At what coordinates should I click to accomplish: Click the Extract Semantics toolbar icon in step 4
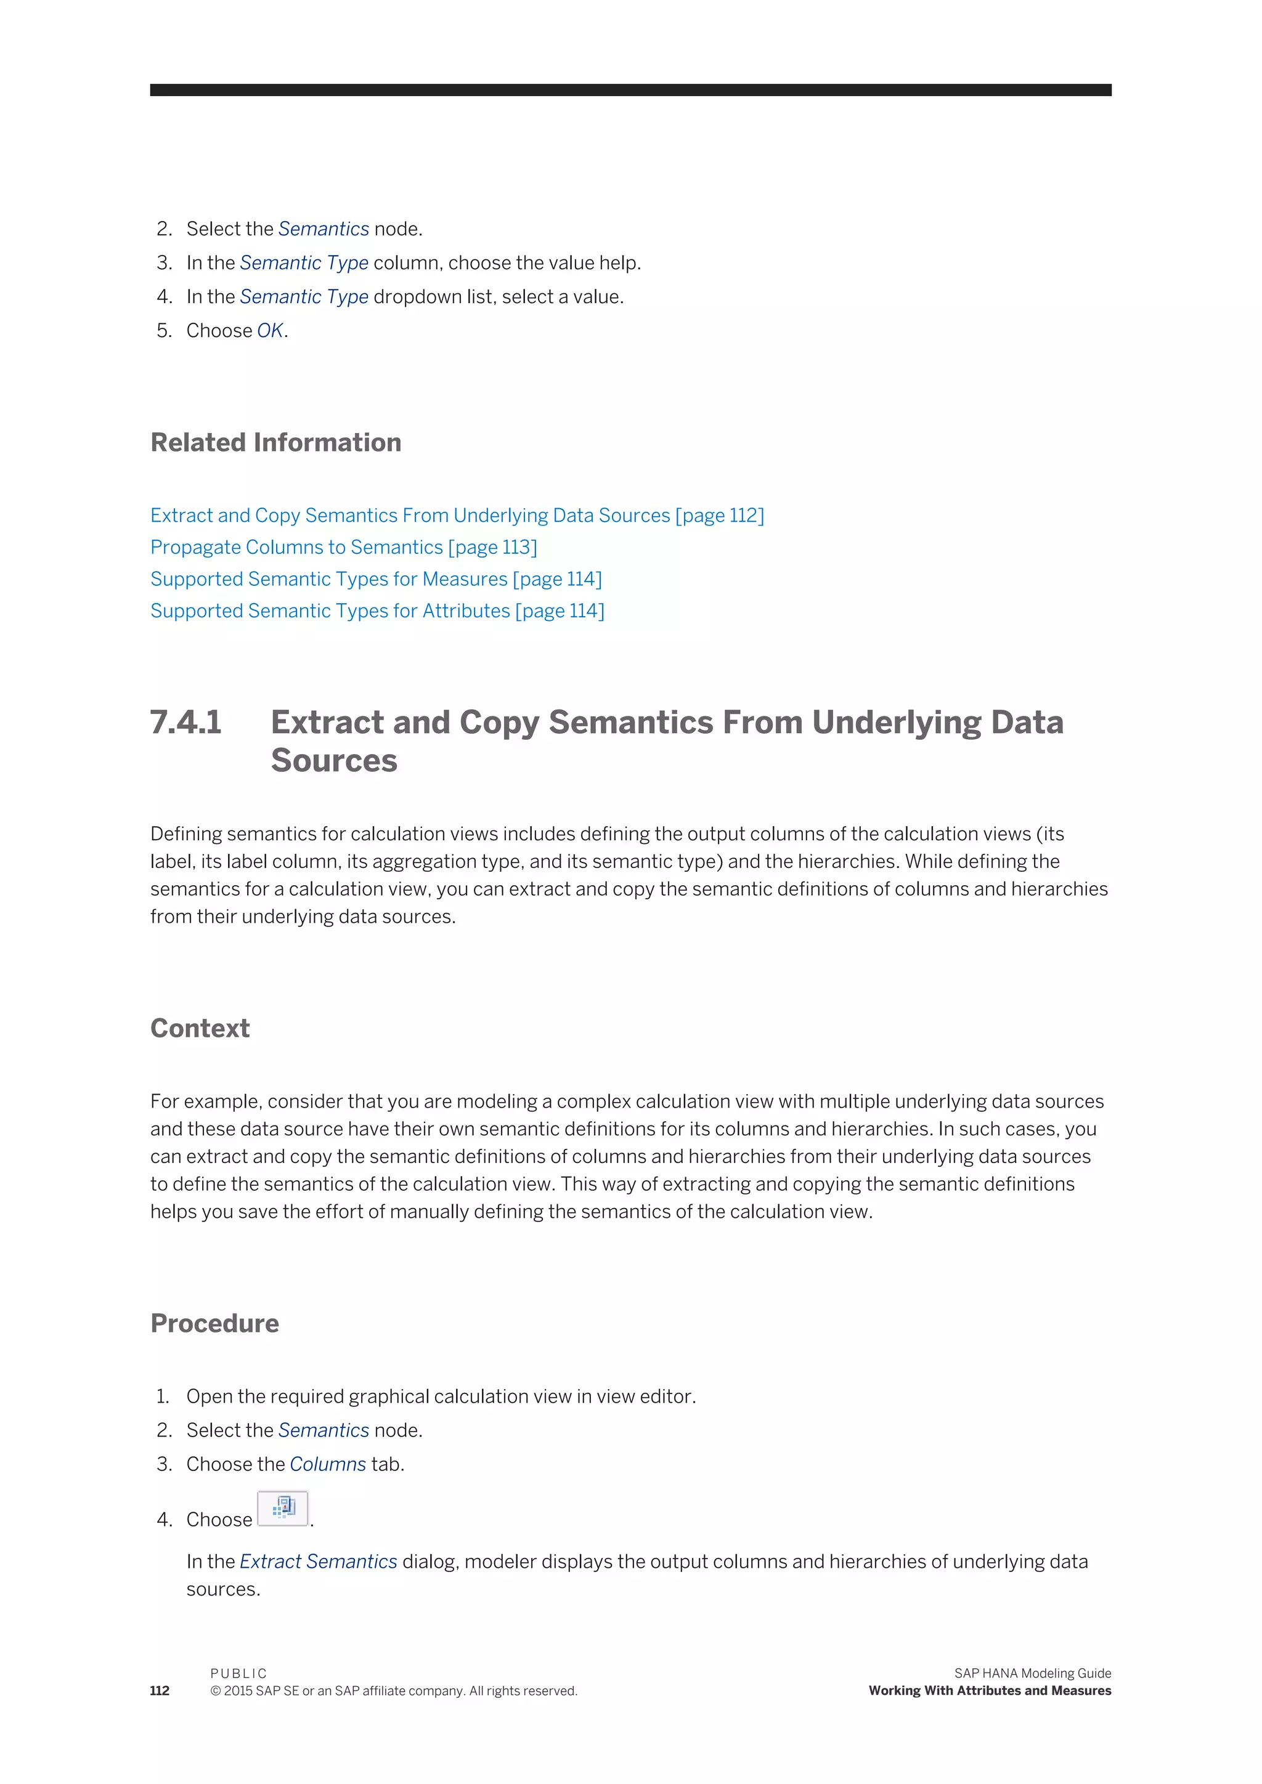point(283,1508)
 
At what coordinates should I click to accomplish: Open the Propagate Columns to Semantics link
point(343,547)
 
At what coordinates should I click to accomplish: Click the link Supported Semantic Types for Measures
point(376,579)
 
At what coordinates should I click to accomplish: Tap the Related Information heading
point(276,442)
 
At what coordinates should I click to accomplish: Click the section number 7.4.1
point(185,722)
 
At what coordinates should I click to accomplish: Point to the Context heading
point(200,1028)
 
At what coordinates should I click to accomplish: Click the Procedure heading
point(214,1323)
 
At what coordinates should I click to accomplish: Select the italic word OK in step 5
point(270,331)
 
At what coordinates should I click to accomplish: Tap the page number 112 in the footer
point(160,1691)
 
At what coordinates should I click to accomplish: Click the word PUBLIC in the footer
point(238,1673)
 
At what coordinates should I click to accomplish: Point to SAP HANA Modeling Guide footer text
point(1032,1673)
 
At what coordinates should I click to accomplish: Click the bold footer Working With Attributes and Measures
point(989,1691)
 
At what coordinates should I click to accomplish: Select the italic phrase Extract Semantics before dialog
point(318,1562)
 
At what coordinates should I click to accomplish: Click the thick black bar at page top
point(630,90)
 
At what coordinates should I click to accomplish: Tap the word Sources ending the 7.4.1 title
point(334,761)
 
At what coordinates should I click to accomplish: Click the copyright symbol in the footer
point(215,1692)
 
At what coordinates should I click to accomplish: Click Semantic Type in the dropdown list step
point(304,297)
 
